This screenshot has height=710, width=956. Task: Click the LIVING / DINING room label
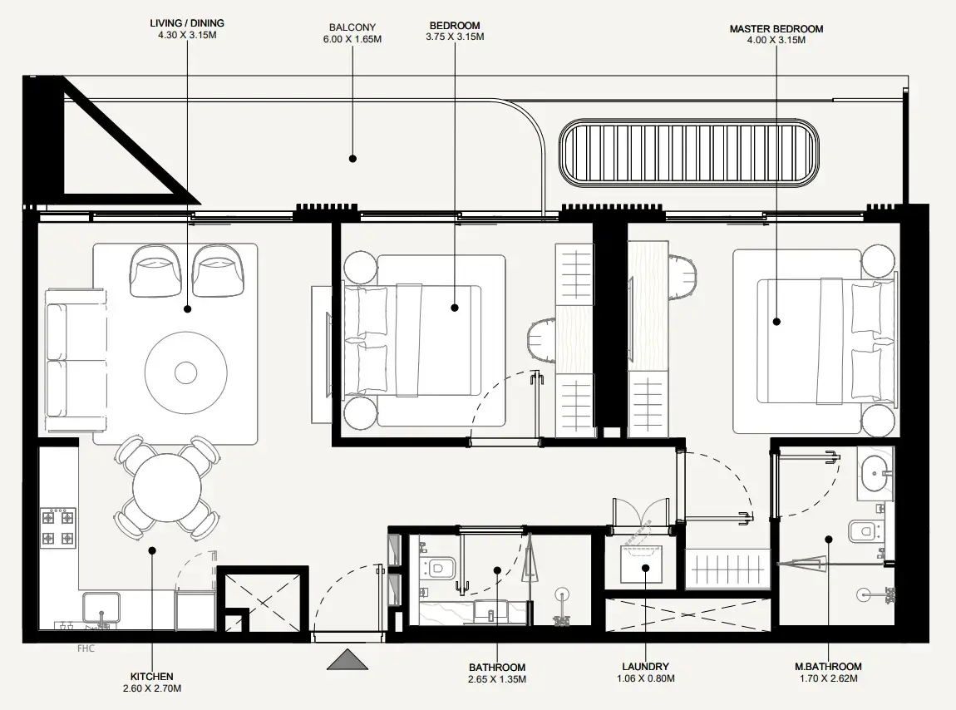tap(187, 23)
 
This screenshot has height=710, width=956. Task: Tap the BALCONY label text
tap(352, 27)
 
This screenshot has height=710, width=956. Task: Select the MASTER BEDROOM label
tap(776, 29)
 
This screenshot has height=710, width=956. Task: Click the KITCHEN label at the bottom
tap(151, 677)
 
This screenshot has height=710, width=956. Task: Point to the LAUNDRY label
tap(645, 667)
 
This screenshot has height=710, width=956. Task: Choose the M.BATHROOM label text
tap(827, 667)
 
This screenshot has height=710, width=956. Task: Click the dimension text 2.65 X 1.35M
tap(497, 679)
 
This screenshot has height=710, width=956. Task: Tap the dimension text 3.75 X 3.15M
tap(455, 37)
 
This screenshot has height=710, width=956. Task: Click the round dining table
tap(167, 486)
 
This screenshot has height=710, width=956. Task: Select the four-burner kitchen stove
tap(58, 528)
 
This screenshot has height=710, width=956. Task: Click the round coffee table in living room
tap(186, 372)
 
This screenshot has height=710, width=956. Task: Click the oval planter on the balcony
tap(687, 153)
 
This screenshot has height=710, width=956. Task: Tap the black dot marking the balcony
tap(352, 158)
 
